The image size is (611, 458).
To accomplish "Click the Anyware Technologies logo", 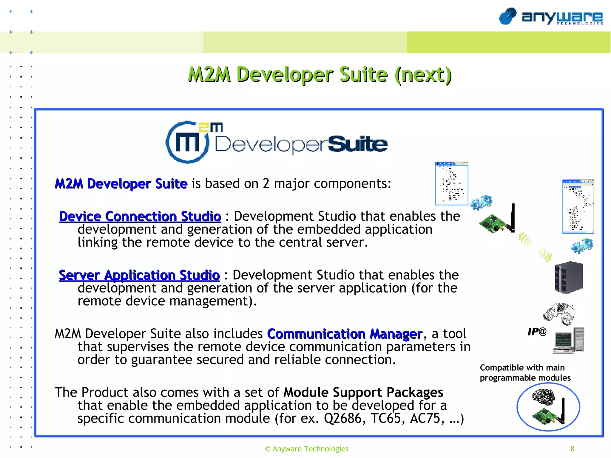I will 551,17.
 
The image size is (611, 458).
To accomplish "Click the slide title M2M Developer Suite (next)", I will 320,75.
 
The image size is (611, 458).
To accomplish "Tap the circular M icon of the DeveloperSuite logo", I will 187,142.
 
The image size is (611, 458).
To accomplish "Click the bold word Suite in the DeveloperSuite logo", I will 358,144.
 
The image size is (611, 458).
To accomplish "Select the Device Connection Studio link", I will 140,216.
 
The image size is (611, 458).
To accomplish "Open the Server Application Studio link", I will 139,275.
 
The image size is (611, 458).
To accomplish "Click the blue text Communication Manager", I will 345,334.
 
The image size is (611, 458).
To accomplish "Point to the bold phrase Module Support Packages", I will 363,392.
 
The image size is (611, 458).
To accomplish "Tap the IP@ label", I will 537,332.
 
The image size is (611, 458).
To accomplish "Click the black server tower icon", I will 569,277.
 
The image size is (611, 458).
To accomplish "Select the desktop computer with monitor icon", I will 569,340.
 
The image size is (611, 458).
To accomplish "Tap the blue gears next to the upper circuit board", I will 481,202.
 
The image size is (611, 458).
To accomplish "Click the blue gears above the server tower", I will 582,246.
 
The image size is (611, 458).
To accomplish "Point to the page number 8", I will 572,449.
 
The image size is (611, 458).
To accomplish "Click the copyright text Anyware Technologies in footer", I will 307,449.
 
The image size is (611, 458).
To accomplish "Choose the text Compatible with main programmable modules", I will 525,373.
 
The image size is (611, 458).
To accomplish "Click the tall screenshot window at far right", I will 578,206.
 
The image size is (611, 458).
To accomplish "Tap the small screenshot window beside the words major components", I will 452,184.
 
